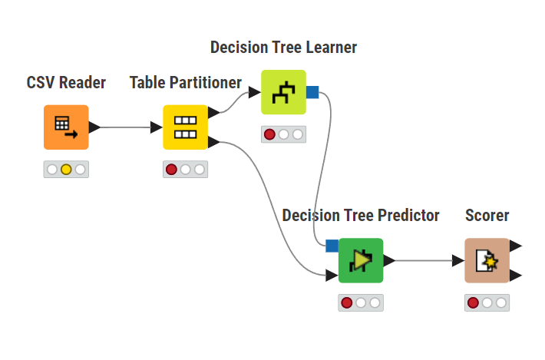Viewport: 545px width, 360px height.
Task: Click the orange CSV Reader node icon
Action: pos(66,127)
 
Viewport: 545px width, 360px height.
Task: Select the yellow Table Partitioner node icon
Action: pos(186,127)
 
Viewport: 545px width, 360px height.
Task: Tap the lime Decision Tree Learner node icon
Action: pos(283,92)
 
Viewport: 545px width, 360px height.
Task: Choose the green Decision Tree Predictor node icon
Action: pos(361,260)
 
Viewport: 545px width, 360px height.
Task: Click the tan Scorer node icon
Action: pos(487,260)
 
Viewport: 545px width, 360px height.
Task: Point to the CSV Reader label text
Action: pos(66,82)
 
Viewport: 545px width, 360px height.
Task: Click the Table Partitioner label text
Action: pos(186,82)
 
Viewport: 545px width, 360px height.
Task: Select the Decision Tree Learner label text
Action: pos(283,48)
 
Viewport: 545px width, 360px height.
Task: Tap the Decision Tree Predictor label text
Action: pos(361,216)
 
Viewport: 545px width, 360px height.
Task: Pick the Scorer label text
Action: pos(487,216)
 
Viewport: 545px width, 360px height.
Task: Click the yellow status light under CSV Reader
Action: pos(66,169)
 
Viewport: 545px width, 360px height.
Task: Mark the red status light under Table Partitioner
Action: pos(171,169)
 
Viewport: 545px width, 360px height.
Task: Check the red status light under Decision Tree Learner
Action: pos(269,134)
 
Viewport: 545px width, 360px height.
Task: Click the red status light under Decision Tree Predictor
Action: pos(346,302)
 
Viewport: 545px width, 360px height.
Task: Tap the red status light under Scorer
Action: pos(473,302)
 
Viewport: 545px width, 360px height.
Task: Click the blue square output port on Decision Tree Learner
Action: pos(312,92)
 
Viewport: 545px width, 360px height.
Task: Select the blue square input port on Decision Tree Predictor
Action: pos(332,246)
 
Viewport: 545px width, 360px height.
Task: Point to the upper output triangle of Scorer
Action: pos(516,246)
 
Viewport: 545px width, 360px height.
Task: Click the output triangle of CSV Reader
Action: pos(94,127)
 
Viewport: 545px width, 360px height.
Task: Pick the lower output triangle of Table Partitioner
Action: pos(214,141)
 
